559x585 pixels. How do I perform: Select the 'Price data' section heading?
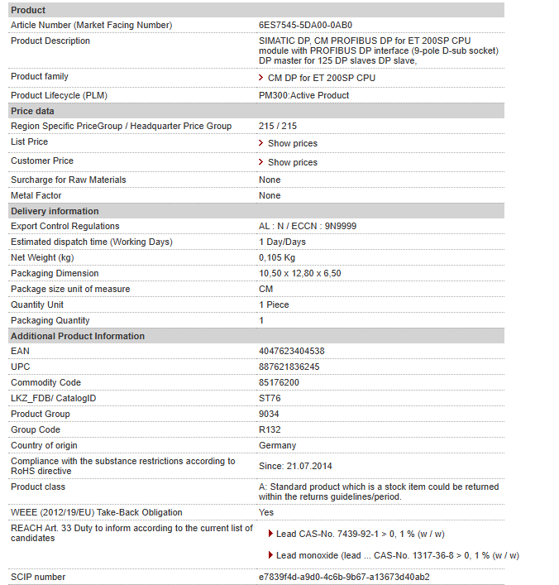click(33, 111)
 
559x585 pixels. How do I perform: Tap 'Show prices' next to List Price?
click(292, 143)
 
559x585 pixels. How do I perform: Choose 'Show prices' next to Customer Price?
click(292, 162)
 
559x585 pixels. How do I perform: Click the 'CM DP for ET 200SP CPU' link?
click(321, 78)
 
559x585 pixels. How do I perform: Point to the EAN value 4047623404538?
click(292, 351)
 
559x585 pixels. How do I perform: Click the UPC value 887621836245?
click(289, 367)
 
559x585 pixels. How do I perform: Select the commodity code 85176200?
click(279, 382)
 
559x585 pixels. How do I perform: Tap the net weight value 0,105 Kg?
click(277, 257)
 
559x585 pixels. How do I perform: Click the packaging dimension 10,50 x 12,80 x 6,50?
click(300, 273)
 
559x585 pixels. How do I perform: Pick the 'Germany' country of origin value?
click(277, 445)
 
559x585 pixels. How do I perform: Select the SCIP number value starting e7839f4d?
click(344, 577)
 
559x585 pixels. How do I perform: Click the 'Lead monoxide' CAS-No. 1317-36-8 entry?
click(397, 555)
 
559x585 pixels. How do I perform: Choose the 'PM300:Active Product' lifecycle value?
click(303, 95)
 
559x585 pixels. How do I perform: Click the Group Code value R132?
click(270, 429)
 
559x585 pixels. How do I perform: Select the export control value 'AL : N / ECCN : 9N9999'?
click(308, 226)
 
